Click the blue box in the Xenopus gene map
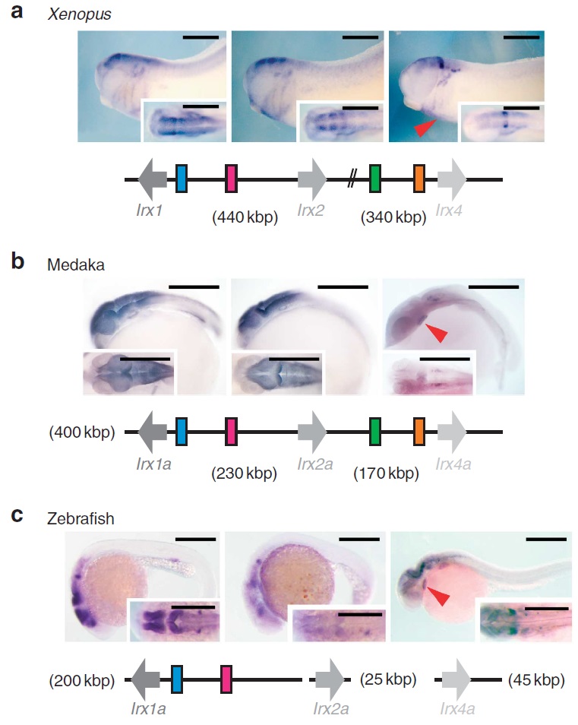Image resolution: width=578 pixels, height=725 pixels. pyautogui.click(x=182, y=179)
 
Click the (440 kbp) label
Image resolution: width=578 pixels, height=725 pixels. pyautogui.click(x=245, y=218)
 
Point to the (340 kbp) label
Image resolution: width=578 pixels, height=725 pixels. pyautogui.click(x=392, y=218)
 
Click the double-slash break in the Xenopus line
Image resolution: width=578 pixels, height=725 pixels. pyautogui.click(x=351, y=179)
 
